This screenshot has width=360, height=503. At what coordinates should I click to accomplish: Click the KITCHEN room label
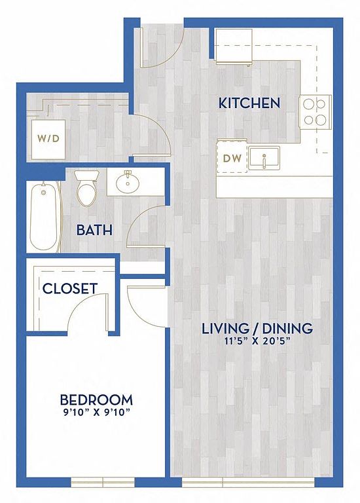coord(249,103)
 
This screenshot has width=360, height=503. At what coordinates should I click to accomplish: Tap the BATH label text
coord(94,230)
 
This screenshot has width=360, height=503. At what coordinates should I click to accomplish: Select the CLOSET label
coord(70,288)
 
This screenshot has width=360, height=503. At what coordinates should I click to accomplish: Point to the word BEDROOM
coord(96,400)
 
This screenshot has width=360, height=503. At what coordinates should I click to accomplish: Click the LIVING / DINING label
coord(257,328)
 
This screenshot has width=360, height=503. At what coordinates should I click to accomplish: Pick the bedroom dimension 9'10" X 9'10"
coord(96,412)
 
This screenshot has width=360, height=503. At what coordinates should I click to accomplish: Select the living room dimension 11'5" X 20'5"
coord(257,341)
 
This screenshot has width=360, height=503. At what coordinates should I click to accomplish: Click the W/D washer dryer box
coord(48,139)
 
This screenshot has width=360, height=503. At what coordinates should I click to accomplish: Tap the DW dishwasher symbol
coord(232,158)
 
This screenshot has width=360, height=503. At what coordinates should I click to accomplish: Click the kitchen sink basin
coord(264,157)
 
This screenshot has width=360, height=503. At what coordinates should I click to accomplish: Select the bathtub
coord(45,217)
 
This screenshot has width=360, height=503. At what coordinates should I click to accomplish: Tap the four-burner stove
coord(315,112)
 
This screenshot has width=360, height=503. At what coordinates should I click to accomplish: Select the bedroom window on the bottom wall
coord(103,482)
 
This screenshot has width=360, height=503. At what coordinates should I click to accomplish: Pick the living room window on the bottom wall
coord(248,482)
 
